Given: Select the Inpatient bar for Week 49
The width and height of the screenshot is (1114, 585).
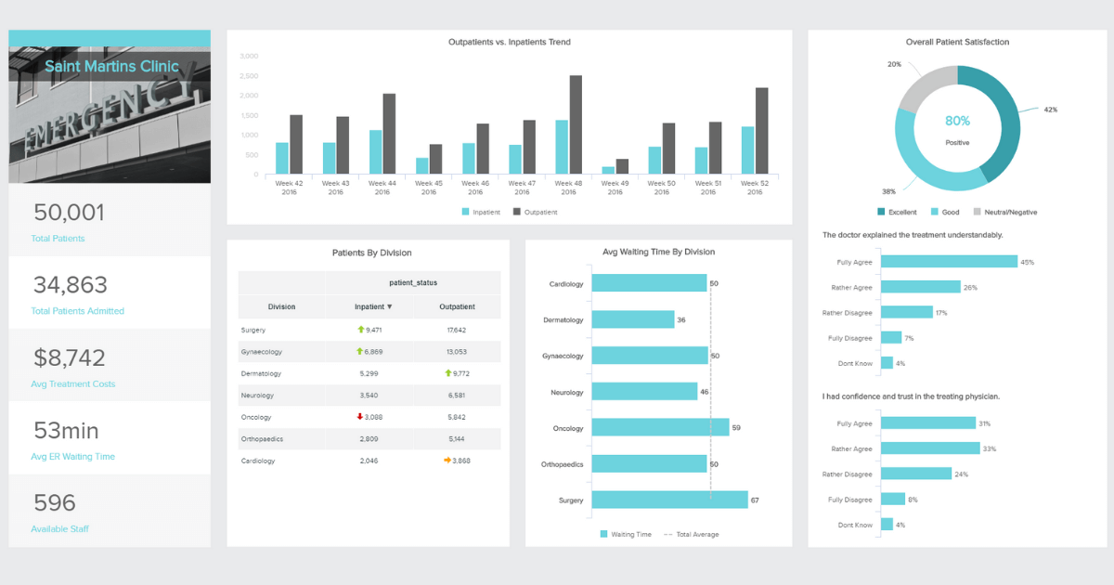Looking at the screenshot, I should click(x=608, y=171).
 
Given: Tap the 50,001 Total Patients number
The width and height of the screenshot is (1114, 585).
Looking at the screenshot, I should click(x=70, y=213).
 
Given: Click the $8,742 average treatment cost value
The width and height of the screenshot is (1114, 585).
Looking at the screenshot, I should click(x=70, y=357).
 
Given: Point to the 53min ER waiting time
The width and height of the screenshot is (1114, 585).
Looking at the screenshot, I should click(x=66, y=431).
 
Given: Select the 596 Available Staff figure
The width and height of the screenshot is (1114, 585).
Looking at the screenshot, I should click(x=55, y=503).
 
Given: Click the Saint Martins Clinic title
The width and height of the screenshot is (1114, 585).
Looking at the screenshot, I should click(x=111, y=67).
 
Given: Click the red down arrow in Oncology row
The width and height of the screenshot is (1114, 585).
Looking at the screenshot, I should click(x=360, y=417).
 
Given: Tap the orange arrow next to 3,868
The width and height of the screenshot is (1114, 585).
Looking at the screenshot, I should click(x=447, y=461).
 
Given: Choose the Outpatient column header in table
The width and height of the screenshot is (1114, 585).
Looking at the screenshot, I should click(x=456, y=306).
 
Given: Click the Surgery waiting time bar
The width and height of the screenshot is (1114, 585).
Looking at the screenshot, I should click(x=669, y=500).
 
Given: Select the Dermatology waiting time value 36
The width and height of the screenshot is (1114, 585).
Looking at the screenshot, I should click(x=681, y=319).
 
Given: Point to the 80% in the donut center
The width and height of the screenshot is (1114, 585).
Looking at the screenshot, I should click(x=957, y=121).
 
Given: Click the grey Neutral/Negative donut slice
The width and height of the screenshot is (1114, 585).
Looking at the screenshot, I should click(x=923, y=88).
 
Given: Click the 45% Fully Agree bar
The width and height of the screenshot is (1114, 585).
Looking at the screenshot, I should click(x=949, y=262).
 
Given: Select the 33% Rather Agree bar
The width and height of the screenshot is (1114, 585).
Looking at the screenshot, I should click(x=930, y=448).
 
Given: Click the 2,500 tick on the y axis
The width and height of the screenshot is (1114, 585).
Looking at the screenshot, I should click(x=249, y=96).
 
